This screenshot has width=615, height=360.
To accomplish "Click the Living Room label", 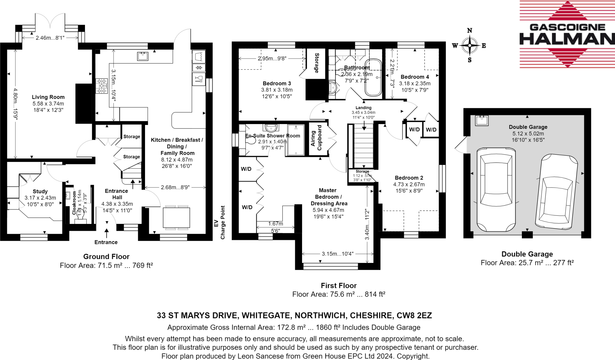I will click(x=48, y=97).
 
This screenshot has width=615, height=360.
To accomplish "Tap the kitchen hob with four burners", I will click(x=101, y=86).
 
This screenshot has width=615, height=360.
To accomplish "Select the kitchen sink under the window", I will click(x=143, y=56).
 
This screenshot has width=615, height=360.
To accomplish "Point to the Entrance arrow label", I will click(x=106, y=242).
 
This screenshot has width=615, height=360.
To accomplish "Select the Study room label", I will click(x=40, y=191).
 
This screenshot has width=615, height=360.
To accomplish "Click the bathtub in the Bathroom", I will click(x=373, y=77).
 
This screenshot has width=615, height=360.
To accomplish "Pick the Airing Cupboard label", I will click(x=316, y=138).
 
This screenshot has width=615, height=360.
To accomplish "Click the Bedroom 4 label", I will click(x=415, y=77).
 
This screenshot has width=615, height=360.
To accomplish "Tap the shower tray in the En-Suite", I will click(x=296, y=140).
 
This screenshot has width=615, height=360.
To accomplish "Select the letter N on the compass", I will click(x=470, y=30).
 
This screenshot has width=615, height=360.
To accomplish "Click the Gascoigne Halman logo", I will click(x=567, y=34).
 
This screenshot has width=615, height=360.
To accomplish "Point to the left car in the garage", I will click(x=496, y=189).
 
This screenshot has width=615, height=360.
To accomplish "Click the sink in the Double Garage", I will click(x=482, y=120).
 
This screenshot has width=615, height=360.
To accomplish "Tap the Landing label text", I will click(x=363, y=108).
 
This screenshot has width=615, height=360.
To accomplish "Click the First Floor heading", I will click(x=338, y=285).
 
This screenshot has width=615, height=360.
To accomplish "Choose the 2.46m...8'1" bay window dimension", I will click(x=50, y=38).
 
